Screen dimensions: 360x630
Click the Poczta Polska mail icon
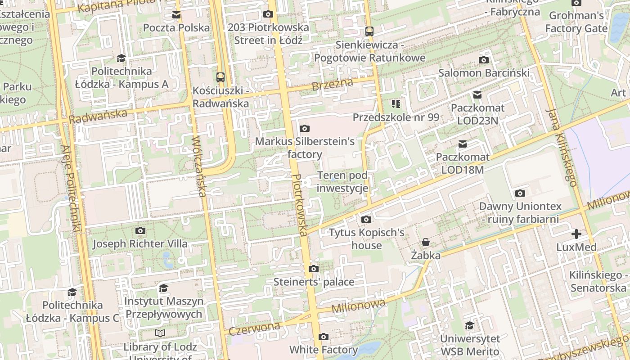[176, 15]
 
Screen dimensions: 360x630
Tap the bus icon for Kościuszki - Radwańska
[220, 77]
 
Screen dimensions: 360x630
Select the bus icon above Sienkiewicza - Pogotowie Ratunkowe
[369, 31]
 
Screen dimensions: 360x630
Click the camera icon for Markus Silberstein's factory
[305, 129]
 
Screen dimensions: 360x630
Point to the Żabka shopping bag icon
[426, 243]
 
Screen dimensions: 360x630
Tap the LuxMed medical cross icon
[576, 234]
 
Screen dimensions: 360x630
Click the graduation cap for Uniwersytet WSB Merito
[469, 325]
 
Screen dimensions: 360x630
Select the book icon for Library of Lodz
[160, 333]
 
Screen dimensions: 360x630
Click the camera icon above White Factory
[323, 337]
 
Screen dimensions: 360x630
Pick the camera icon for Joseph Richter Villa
[140, 231]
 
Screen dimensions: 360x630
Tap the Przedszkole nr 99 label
[396, 117]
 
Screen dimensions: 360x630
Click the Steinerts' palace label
[314, 282]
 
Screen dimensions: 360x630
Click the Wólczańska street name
[198, 166]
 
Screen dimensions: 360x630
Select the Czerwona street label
[254, 328]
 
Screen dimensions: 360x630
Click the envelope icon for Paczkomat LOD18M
[462, 144]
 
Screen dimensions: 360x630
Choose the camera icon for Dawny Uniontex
[520, 193]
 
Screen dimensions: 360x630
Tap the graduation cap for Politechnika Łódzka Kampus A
[121, 58]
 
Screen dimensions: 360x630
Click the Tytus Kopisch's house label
[367, 239]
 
